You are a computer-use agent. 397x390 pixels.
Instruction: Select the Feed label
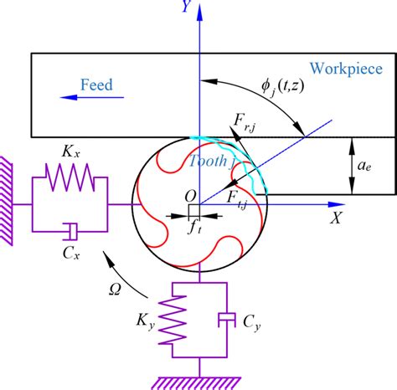pyautogui.click(x=96, y=85)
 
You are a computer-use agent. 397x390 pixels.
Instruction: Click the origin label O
pyautogui.click(x=190, y=195)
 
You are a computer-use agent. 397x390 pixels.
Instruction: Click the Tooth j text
pyautogui.click(x=207, y=162)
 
